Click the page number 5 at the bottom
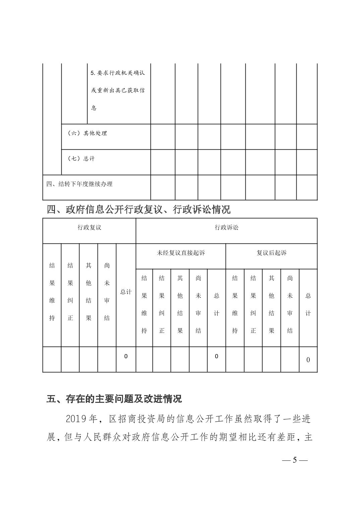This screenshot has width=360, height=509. (295, 459)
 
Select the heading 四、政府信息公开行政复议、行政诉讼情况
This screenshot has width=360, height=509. (138, 210)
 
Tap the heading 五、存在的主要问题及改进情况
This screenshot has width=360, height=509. (114, 399)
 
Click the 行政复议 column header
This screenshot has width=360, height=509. (89, 228)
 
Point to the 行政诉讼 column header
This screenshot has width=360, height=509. (226, 228)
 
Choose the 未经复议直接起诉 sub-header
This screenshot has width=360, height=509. (181, 253)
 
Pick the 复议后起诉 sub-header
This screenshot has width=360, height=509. (272, 253)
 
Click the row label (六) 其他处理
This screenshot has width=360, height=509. (87, 133)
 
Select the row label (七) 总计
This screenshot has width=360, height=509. (81, 158)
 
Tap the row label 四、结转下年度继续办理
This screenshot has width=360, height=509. (79, 184)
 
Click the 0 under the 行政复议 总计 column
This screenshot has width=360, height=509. (126, 356)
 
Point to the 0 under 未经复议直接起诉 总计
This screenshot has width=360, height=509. (216, 356)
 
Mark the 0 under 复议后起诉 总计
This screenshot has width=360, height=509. (308, 360)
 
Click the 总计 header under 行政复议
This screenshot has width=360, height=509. (126, 292)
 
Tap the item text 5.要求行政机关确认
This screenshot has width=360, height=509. (118, 73)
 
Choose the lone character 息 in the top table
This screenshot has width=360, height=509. (94, 108)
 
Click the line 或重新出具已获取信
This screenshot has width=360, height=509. (118, 90)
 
